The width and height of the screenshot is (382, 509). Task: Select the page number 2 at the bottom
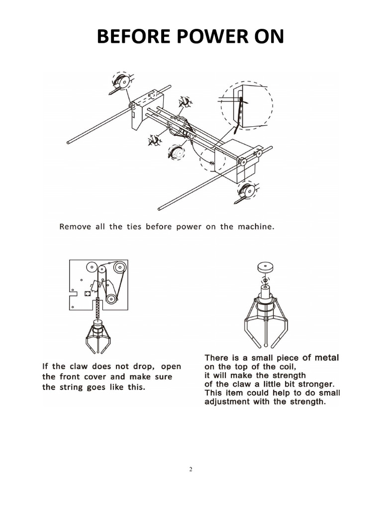[x=191, y=469]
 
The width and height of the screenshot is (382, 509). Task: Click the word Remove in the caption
[x=75, y=227]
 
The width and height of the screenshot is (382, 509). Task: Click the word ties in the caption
[x=130, y=227]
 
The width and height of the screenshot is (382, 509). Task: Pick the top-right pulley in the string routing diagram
[x=119, y=268]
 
